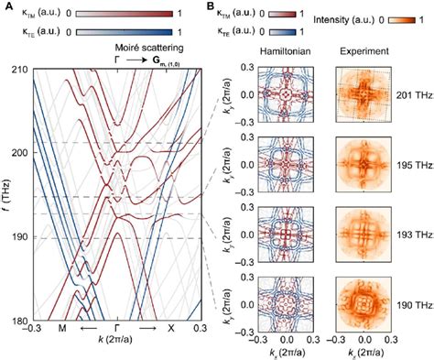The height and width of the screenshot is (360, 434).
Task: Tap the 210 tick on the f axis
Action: [17, 70]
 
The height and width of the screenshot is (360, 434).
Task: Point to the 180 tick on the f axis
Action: [17, 320]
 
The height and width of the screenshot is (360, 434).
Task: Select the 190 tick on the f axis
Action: [17, 236]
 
